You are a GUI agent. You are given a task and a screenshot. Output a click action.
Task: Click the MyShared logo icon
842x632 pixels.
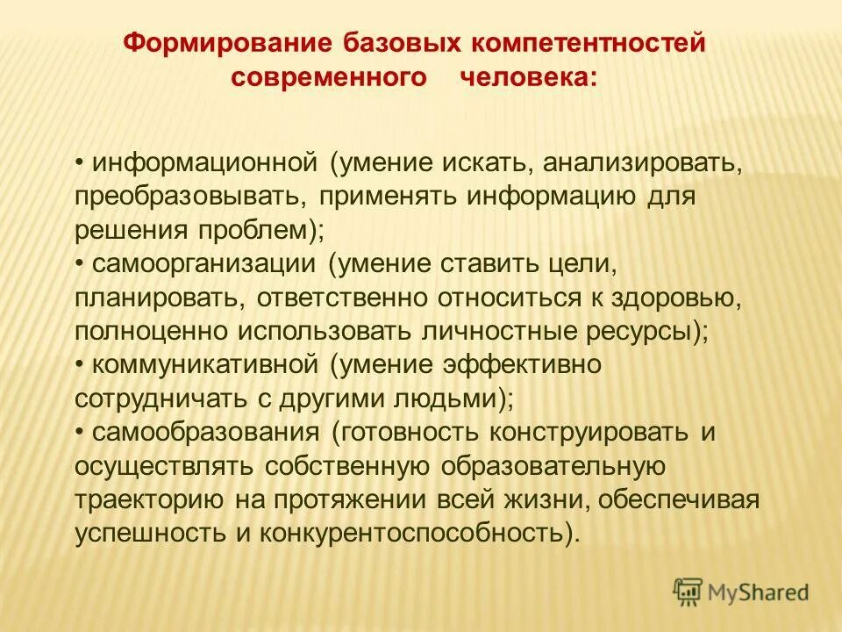click(x=689, y=592)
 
